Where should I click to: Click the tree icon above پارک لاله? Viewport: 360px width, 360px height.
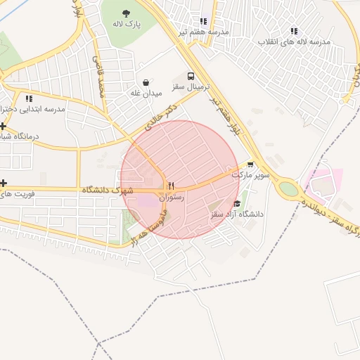pyautogui.click(x=126, y=13)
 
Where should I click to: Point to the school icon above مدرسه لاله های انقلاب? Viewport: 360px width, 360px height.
pyautogui.click(x=294, y=31)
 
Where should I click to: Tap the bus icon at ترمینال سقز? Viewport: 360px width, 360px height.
pyautogui.click(x=191, y=76)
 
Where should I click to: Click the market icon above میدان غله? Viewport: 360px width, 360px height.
pyautogui.click(x=146, y=82)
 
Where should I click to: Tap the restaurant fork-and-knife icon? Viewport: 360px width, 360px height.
pyautogui.click(x=171, y=186)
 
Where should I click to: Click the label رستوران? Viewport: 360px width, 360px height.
pyautogui.click(x=172, y=198)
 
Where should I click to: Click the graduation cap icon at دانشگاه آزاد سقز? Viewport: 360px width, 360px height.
pyautogui.click(x=236, y=203)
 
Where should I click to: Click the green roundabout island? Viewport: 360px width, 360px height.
pyautogui.click(x=288, y=188)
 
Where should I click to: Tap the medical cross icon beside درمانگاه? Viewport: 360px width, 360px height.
pyautogui.click(x=3, y=125)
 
